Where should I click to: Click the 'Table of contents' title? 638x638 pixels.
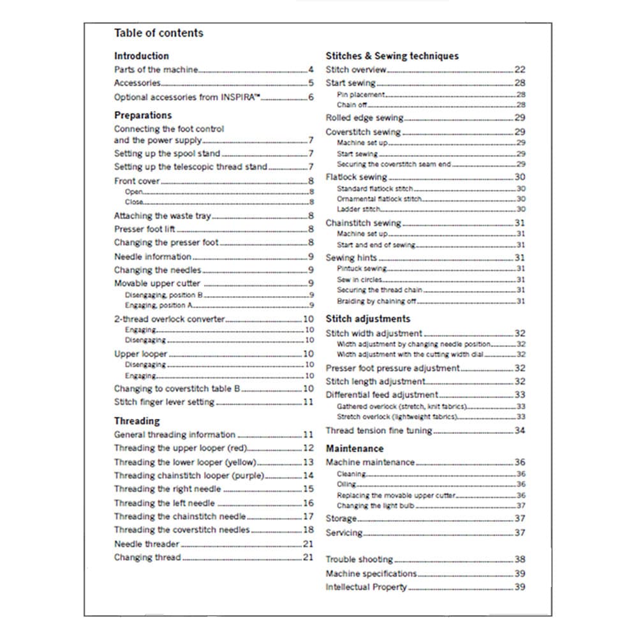(x=158, y=33)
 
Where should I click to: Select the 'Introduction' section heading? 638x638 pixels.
(x=141, y=56)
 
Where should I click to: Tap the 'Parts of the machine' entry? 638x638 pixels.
(x=156, y=70)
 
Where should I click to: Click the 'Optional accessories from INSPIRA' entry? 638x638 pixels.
(x=188, y=98)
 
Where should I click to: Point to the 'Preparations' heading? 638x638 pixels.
(x=143, y=115)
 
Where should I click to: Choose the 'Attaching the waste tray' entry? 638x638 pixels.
(x=162, y=216)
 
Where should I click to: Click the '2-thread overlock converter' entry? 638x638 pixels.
(x=169, y=319)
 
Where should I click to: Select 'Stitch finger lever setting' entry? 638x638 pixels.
(x=164, y=403)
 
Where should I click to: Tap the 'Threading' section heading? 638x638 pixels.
(x=137, y=421)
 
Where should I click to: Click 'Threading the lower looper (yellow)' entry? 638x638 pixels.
(x=186, y=462)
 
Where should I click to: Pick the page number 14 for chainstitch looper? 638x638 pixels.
(x=308, y=475)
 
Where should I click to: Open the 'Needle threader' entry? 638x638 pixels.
(x=147, y=544)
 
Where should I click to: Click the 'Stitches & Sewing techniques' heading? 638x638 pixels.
(x=392, y=56)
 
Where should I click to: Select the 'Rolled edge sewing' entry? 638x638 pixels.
(x=364, y=118)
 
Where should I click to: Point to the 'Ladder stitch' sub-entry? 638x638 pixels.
(x=359, y=209)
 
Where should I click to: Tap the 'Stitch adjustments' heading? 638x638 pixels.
(x=367, y=319)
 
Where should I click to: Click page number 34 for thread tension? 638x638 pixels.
(x=520, y=431)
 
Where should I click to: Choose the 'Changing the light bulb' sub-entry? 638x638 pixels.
(x=376, y=506)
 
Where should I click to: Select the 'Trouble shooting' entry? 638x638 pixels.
(x=359, y=560)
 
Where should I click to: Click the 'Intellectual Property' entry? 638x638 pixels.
(x=366, y=587)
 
